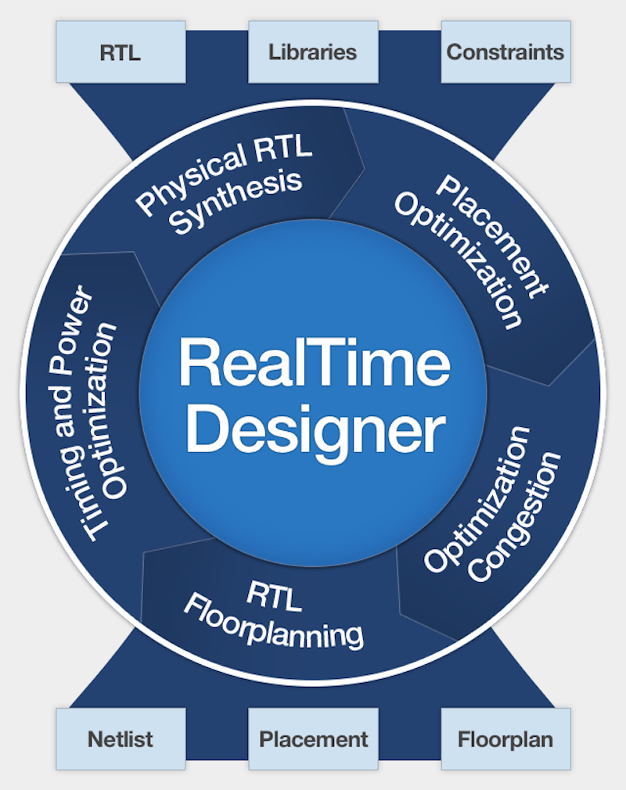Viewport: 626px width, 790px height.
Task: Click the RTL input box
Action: point(121,52)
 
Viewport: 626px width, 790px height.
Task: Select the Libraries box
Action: point(313,52)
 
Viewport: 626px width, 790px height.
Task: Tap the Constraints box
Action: point(505,52)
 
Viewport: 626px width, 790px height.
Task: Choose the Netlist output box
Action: point(121,739)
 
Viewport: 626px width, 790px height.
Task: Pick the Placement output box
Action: point(313,739)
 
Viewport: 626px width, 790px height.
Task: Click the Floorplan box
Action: point(505,739)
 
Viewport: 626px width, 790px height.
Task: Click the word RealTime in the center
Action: point(315,362)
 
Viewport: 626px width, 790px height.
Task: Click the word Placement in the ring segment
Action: point(492,237)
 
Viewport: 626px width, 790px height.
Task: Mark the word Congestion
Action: point(515,516)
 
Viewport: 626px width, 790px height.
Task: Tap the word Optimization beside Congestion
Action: point(477,499)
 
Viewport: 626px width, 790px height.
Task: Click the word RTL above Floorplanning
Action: point(275,597)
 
